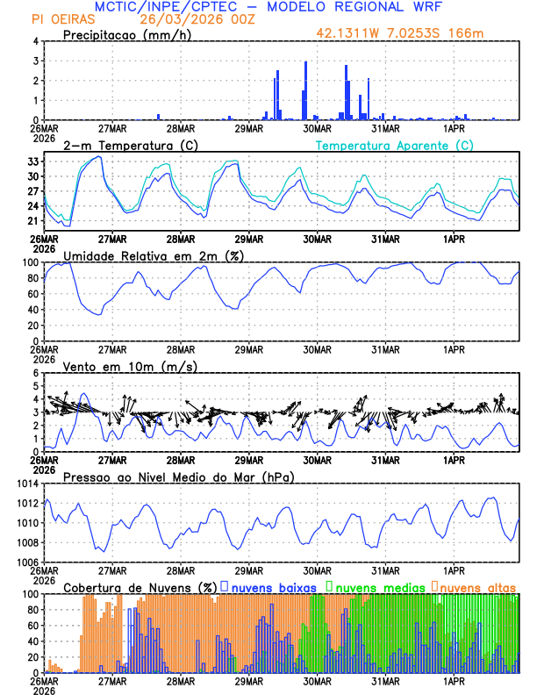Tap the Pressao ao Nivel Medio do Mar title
[178, 476]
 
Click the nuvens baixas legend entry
[268, 586]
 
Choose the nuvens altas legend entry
[478, 586]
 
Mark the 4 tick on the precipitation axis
[36, 41]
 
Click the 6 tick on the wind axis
[36, 373]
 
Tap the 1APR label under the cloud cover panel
[454, 680]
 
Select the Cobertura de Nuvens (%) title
[140, 586]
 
